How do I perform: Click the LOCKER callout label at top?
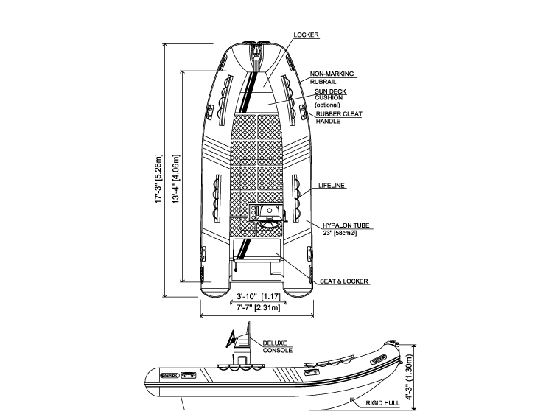(305, 35)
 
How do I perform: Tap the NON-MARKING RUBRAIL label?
(332, 77)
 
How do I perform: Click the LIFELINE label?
(332, 186)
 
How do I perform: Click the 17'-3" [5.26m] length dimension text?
(157, 181)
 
